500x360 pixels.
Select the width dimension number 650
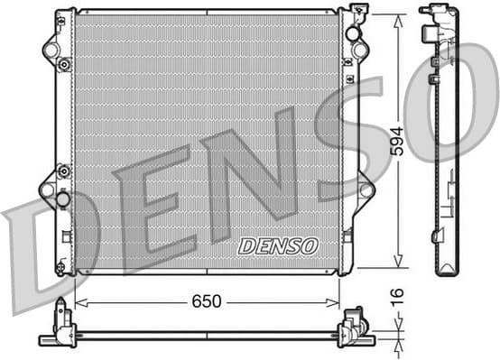click(x=206, y=301)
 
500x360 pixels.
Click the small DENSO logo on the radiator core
click(x=277, y=245)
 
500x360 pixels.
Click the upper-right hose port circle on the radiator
click(x=355, y=34)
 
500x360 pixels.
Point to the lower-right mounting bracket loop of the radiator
click(x=365, y=189)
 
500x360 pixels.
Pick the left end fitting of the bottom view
click(x=61, y=327)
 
